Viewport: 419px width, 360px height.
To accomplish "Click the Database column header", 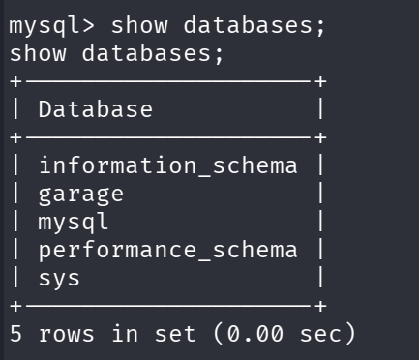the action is tap(95, 109).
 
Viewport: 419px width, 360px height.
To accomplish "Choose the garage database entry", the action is tap(80, 194).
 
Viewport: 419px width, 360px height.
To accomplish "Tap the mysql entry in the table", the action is tap(74, 222).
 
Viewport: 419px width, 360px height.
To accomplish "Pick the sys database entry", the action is tap(60, 279).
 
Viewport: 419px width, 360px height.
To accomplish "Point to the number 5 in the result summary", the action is tap(16, 335).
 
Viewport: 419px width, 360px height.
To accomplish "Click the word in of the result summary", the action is tap(130, 335).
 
